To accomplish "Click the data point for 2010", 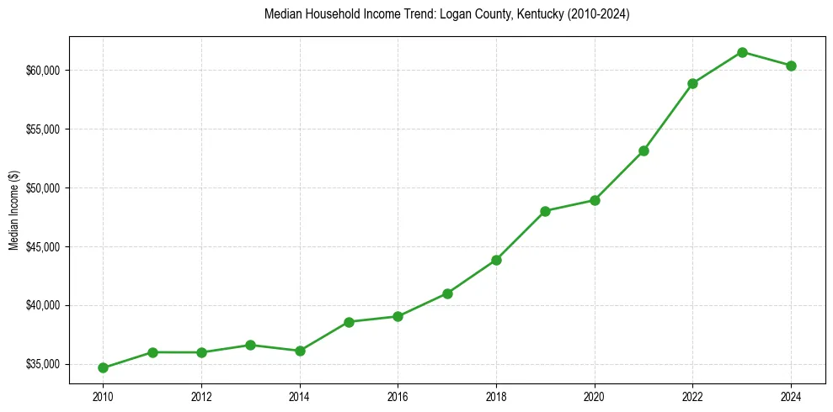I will [103, 367].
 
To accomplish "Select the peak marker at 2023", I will [742, 52].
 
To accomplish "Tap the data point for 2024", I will [791, 66].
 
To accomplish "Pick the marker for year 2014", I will [300, 351].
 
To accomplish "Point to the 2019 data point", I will [545, 211].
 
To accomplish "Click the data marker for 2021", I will [643, 151].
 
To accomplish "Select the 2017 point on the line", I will [447, 293].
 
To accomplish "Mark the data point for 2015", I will [349, 322].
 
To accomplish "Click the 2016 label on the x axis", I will [398, 395].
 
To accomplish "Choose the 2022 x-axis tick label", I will [692, 395].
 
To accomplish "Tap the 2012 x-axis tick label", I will [201, 395].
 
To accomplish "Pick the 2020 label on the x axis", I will [595, 395].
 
